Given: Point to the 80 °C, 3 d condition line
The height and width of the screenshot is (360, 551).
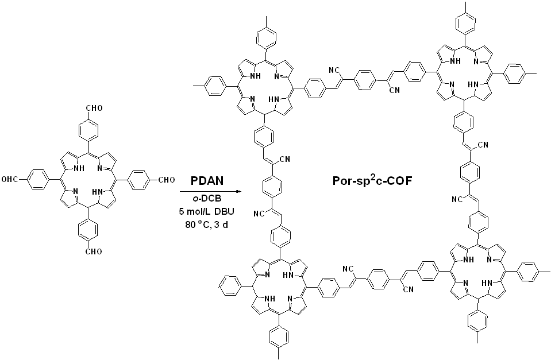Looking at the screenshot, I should click(208, 224).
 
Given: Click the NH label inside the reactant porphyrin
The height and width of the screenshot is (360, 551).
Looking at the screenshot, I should click(76, 168).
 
